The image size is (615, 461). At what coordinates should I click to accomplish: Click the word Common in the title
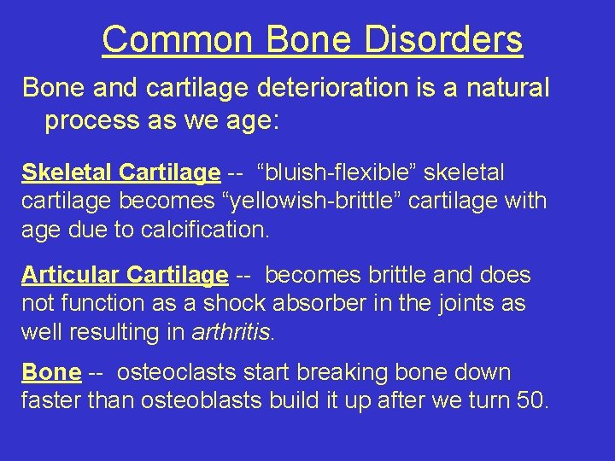click(177, 39)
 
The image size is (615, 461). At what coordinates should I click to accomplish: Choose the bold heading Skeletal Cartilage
click(120, 173)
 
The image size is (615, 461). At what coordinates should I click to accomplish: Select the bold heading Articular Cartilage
click(125, 276)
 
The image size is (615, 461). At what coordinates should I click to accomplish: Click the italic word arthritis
click(235, 332)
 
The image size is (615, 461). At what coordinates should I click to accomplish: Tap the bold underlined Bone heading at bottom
click(51, 373)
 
